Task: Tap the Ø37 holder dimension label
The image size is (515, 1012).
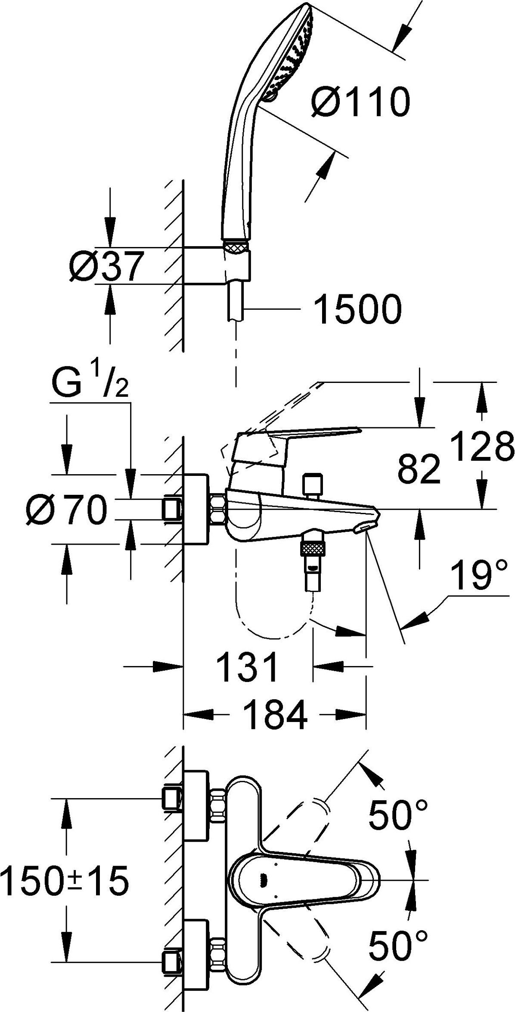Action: [106, 265]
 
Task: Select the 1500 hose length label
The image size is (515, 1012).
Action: [357, 309]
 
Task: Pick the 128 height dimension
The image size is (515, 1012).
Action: [482, 446]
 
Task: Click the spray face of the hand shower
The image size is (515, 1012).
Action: [289, 56]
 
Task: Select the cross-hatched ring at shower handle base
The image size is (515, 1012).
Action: [236, 247]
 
